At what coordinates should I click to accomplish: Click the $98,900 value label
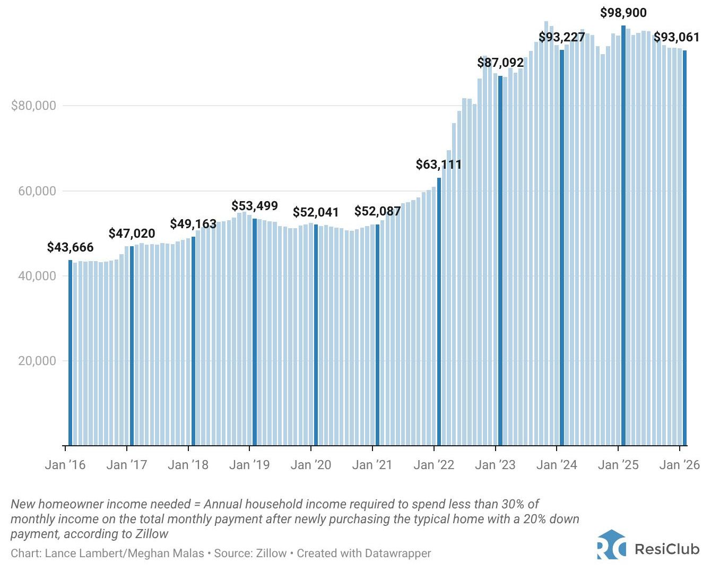(x=623, y=13)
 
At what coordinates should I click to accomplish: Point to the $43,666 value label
(x=70, y=247)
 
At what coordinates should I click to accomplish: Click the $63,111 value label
(x=439, y=165)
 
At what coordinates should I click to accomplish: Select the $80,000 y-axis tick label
(x=33, y=106)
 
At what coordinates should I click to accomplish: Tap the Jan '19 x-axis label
(x=249, y=465)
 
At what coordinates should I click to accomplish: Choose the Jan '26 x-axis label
(x=679, y=465)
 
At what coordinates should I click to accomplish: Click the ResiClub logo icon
(x=611, y=544)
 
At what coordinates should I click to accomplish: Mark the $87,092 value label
(x=500, y=63)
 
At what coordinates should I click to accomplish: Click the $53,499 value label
(x=255, y=206)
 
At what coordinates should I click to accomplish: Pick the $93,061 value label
(x=677, y=37)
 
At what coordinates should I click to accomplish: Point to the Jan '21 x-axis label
(x=372, y=465)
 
